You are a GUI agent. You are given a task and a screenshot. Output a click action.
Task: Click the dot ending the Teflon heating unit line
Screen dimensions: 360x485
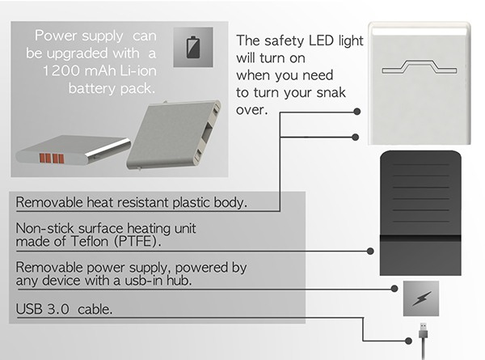point(370,251)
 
